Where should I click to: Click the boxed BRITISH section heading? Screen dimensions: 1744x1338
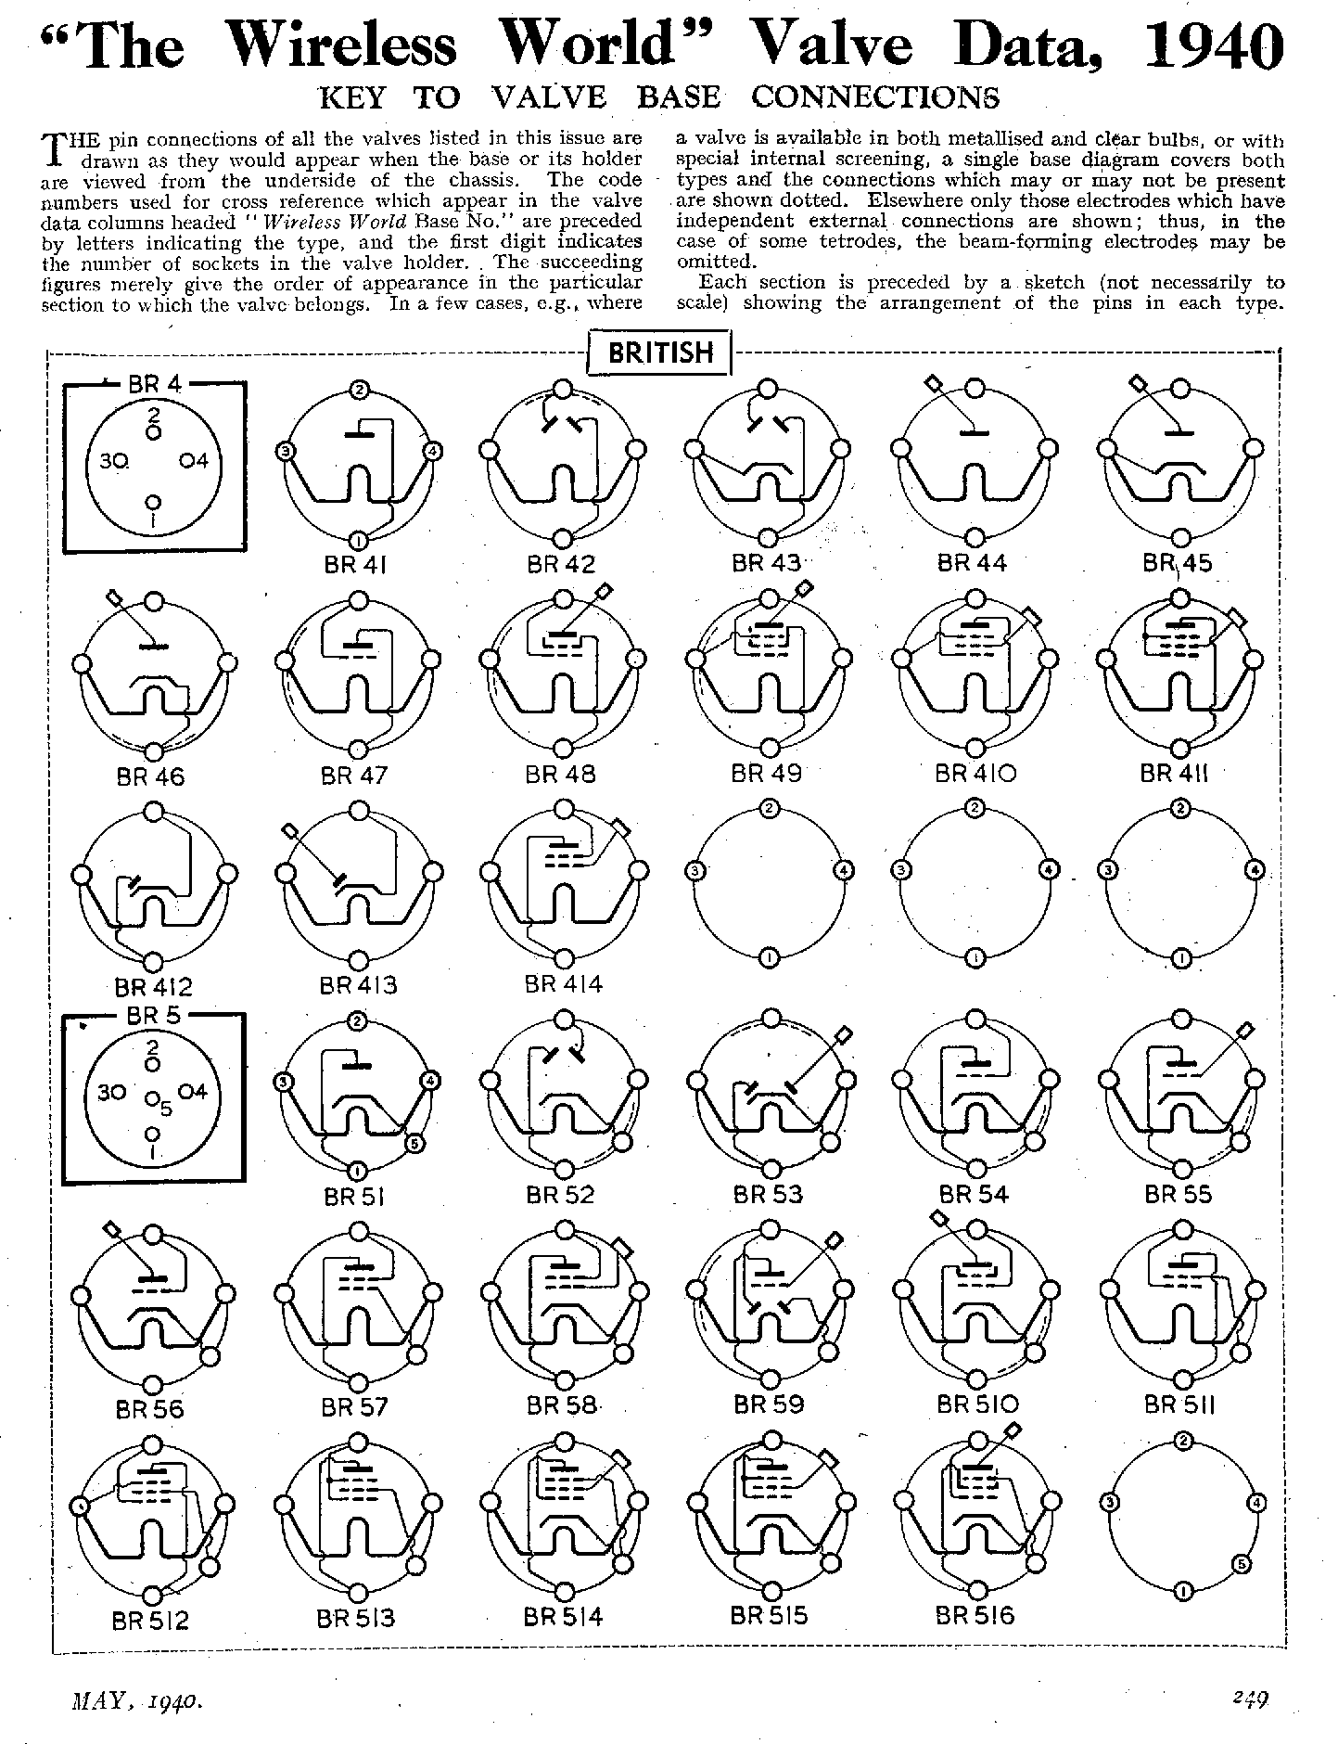pyautogui.click(x=660, y=353)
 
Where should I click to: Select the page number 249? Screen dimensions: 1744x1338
pyautogui.click(x=1250, y=1699)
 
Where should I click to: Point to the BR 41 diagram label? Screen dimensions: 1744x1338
pyautogui.click(x=353, y=564)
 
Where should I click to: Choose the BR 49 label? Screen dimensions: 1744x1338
pyautogui.click(x=767, y=773)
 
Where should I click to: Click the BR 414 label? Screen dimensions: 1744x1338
pyautogui.click(x=563, y=983)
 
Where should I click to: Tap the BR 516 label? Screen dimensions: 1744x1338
pyautogui.click(x=975, y=1615)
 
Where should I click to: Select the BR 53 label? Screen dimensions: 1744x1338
pyautogui.click(x=768, y=1194)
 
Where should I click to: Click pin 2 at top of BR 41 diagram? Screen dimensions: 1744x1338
pyautogui.click(x=358, y=390)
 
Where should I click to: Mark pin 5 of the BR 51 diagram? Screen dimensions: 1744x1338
pyautogui.click(x=414, y=1144)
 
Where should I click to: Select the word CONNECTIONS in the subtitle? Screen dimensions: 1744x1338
pyautogui.click(x=875, y=96)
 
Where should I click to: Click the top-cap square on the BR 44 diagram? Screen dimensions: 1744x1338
pyautogui.click(x=935, y=382)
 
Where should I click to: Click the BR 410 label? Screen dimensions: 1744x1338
pyautogui.click(x=975, y=773)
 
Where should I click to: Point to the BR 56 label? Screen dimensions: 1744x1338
pyautogui.click(x=150, y=1408)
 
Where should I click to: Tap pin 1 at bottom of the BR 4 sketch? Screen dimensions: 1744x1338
pyautogui.click(x=154, y=502)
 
